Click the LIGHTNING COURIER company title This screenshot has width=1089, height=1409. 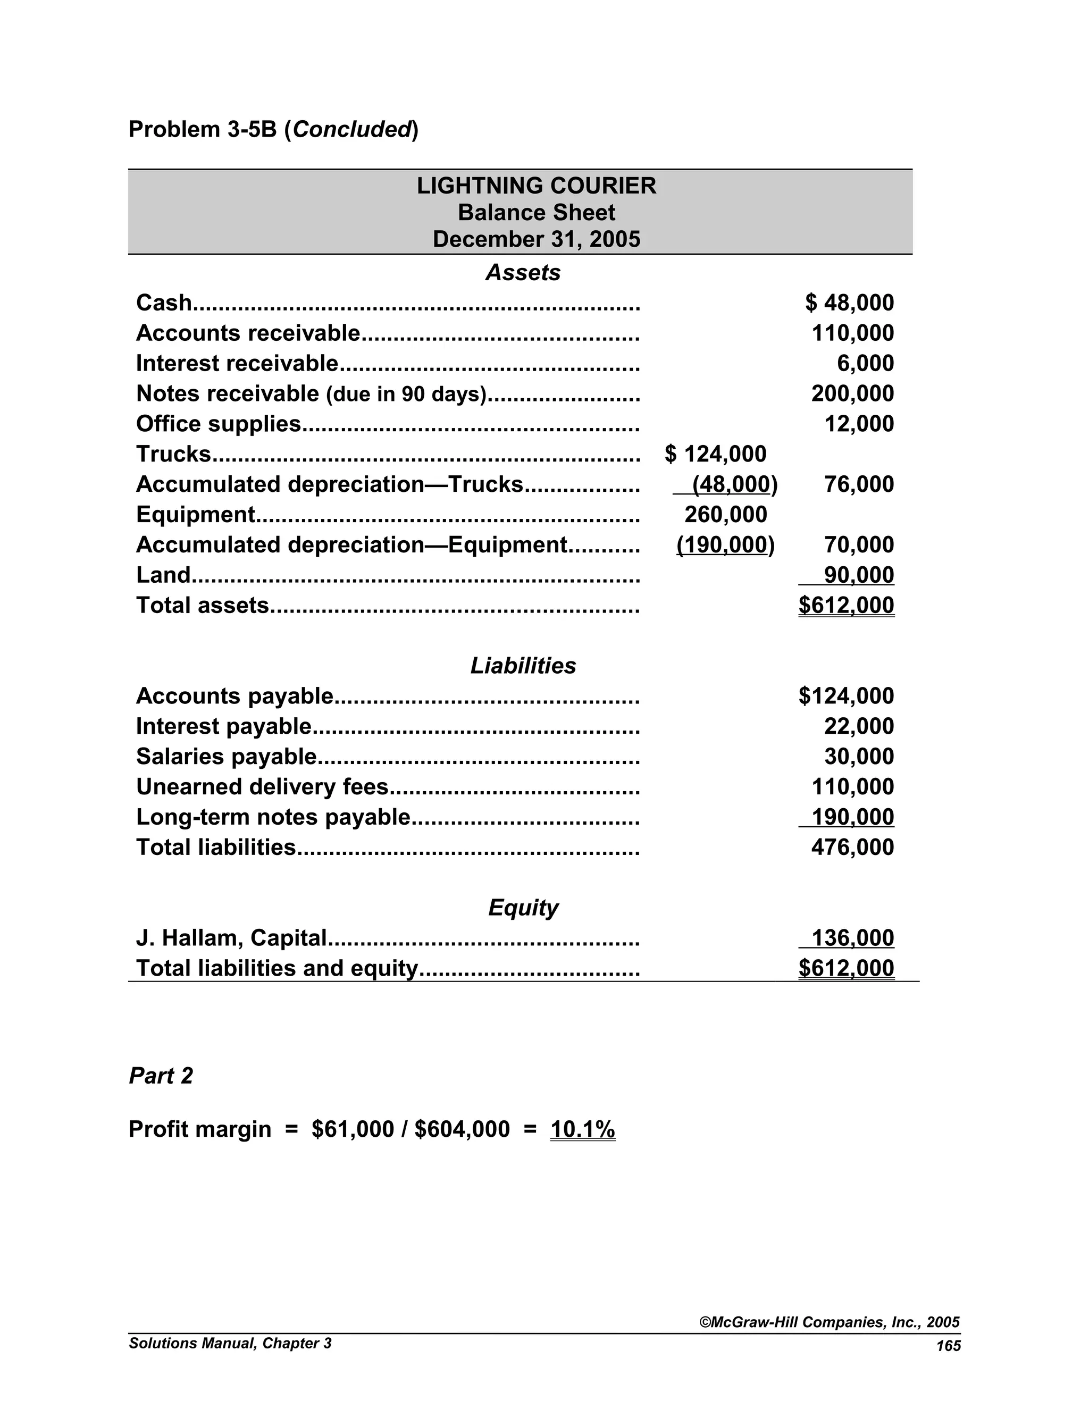point(536,186)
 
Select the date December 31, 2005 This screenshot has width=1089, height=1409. point(536,239)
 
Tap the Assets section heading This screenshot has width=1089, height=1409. point(523,272)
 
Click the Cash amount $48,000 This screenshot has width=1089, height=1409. point(849,303)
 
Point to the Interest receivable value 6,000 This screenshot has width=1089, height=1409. point(865,363)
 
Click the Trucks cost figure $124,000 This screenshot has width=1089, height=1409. point(716,454)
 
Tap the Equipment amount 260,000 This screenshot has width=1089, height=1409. point(725,515)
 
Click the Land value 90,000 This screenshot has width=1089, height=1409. point(859,575)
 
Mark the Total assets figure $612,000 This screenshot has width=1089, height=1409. point(846,605)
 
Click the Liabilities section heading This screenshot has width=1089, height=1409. point(523,666)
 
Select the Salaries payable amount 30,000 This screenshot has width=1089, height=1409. point(859,757)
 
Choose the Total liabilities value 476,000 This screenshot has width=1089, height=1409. point(852,847)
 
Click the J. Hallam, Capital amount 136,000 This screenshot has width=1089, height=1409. point(852,938)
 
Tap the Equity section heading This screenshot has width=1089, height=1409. point(523,908)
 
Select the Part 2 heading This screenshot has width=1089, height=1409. point(161,1076)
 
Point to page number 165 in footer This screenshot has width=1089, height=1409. point(949,1346)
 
